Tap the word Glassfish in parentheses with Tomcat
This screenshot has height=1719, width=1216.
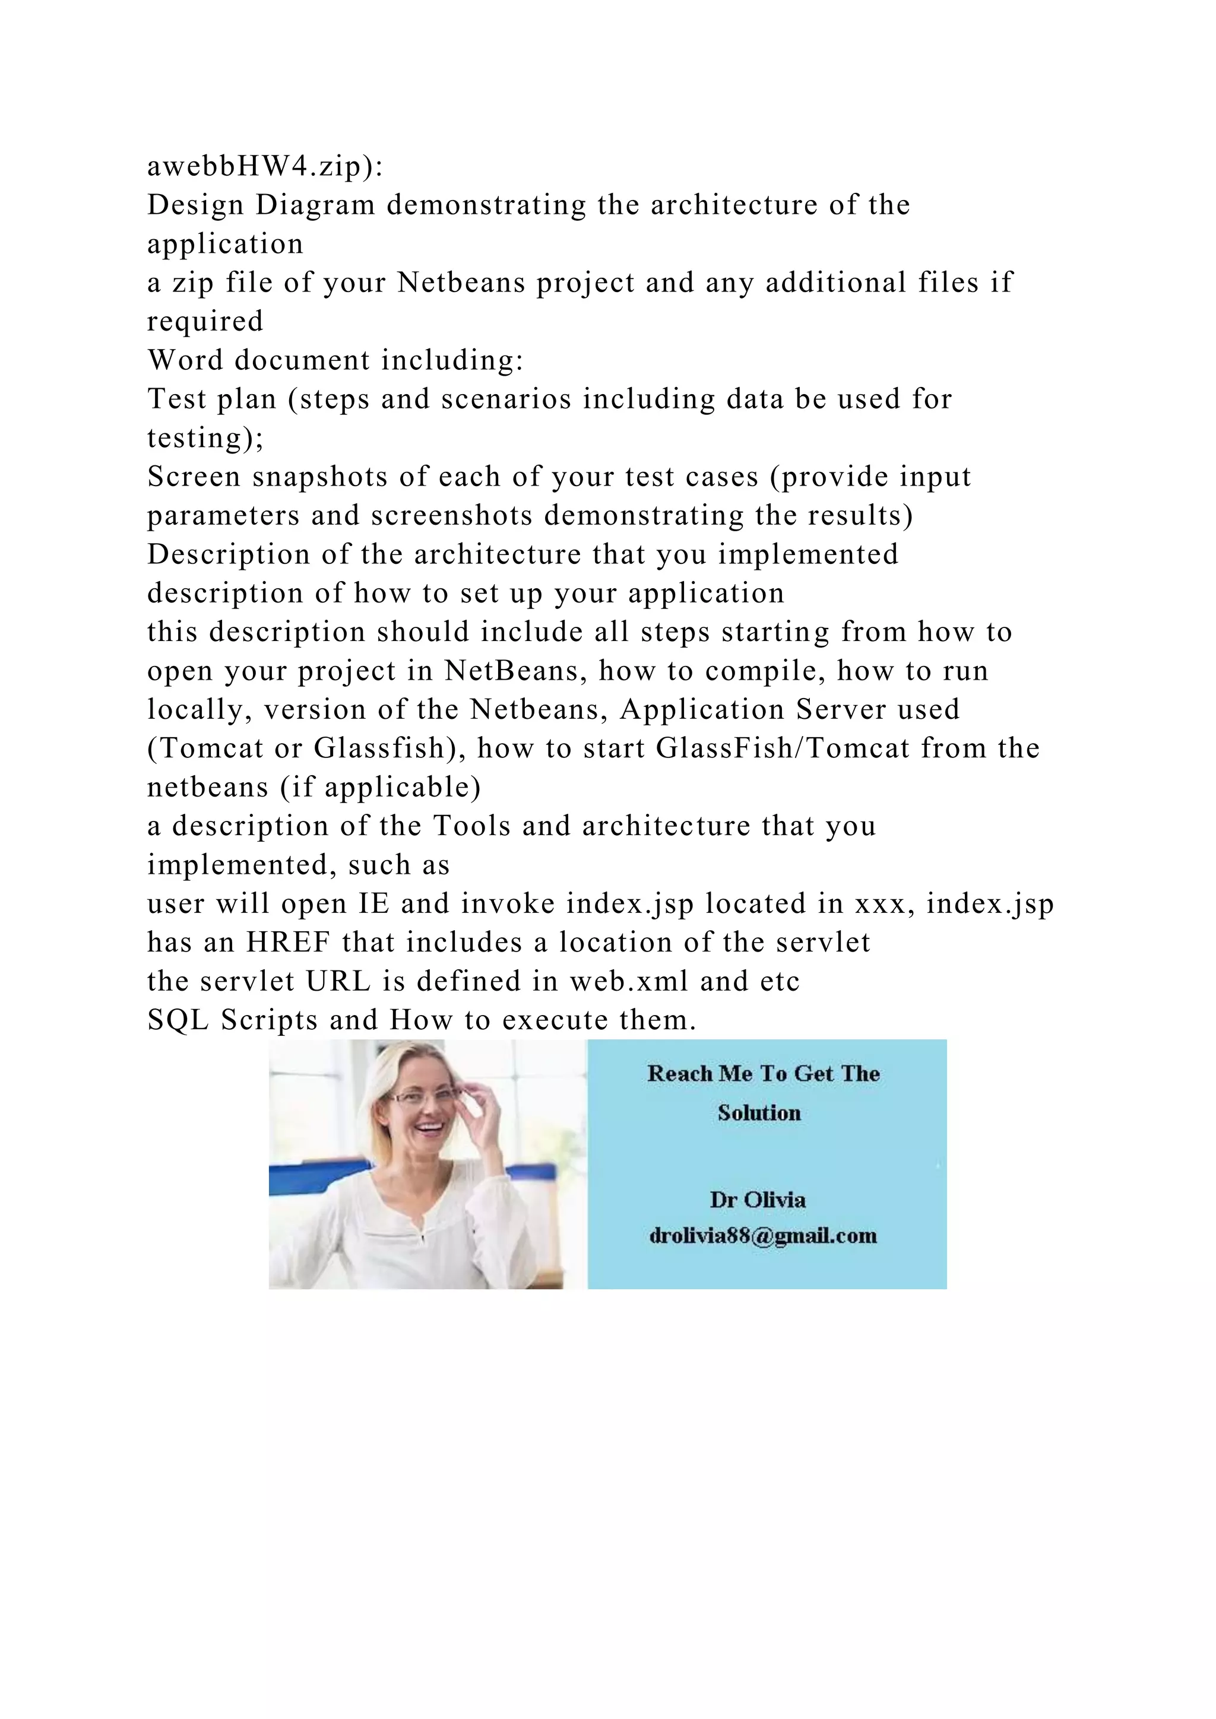[379, 749]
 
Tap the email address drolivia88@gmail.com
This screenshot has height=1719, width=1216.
[763, 1235]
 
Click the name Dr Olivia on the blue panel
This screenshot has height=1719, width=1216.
[758, 1200]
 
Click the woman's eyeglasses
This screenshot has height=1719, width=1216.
[425, 1098]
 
